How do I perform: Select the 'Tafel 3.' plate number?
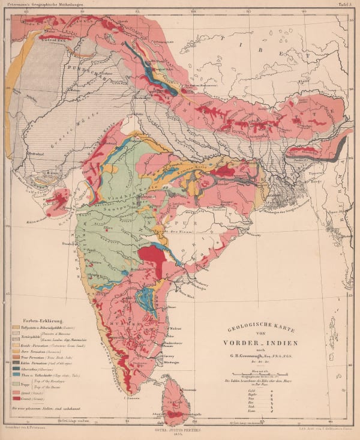[346, 4]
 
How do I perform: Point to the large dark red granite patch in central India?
[152, 258]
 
